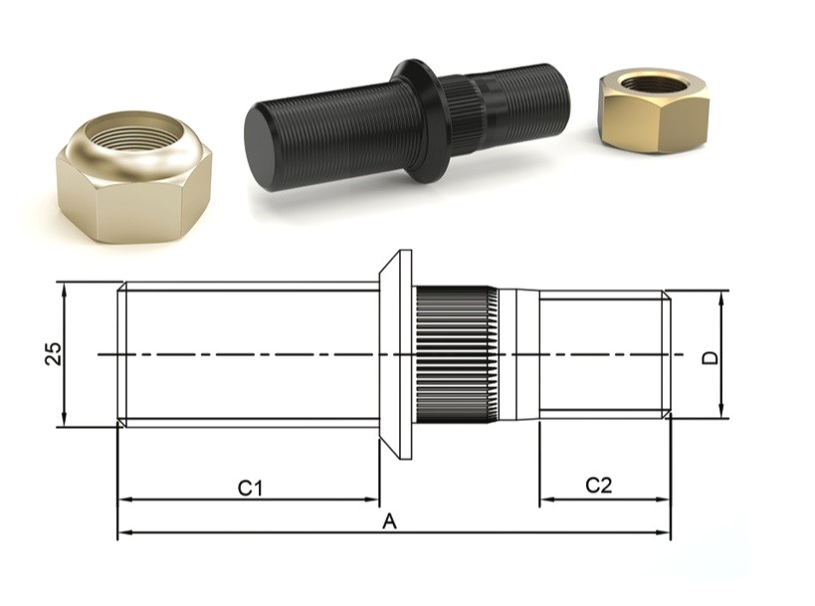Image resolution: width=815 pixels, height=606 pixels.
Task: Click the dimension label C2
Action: (x=598, y=486)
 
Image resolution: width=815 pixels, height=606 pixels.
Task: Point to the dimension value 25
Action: (x=53, y=353)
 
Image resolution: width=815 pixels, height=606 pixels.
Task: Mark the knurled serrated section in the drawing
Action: (x=455, y=354)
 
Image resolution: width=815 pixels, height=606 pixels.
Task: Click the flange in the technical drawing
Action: (x=397, y=354)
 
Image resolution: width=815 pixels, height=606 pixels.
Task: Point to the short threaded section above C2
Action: (x=603, y=354)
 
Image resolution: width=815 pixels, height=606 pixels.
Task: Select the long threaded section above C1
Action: (x=249, y=354)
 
